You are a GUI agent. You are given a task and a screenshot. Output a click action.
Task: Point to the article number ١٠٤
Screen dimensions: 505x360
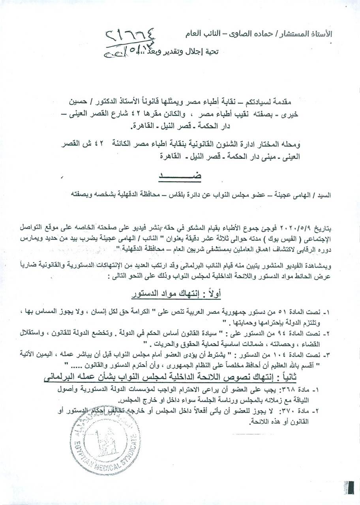(x=303, y=350)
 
